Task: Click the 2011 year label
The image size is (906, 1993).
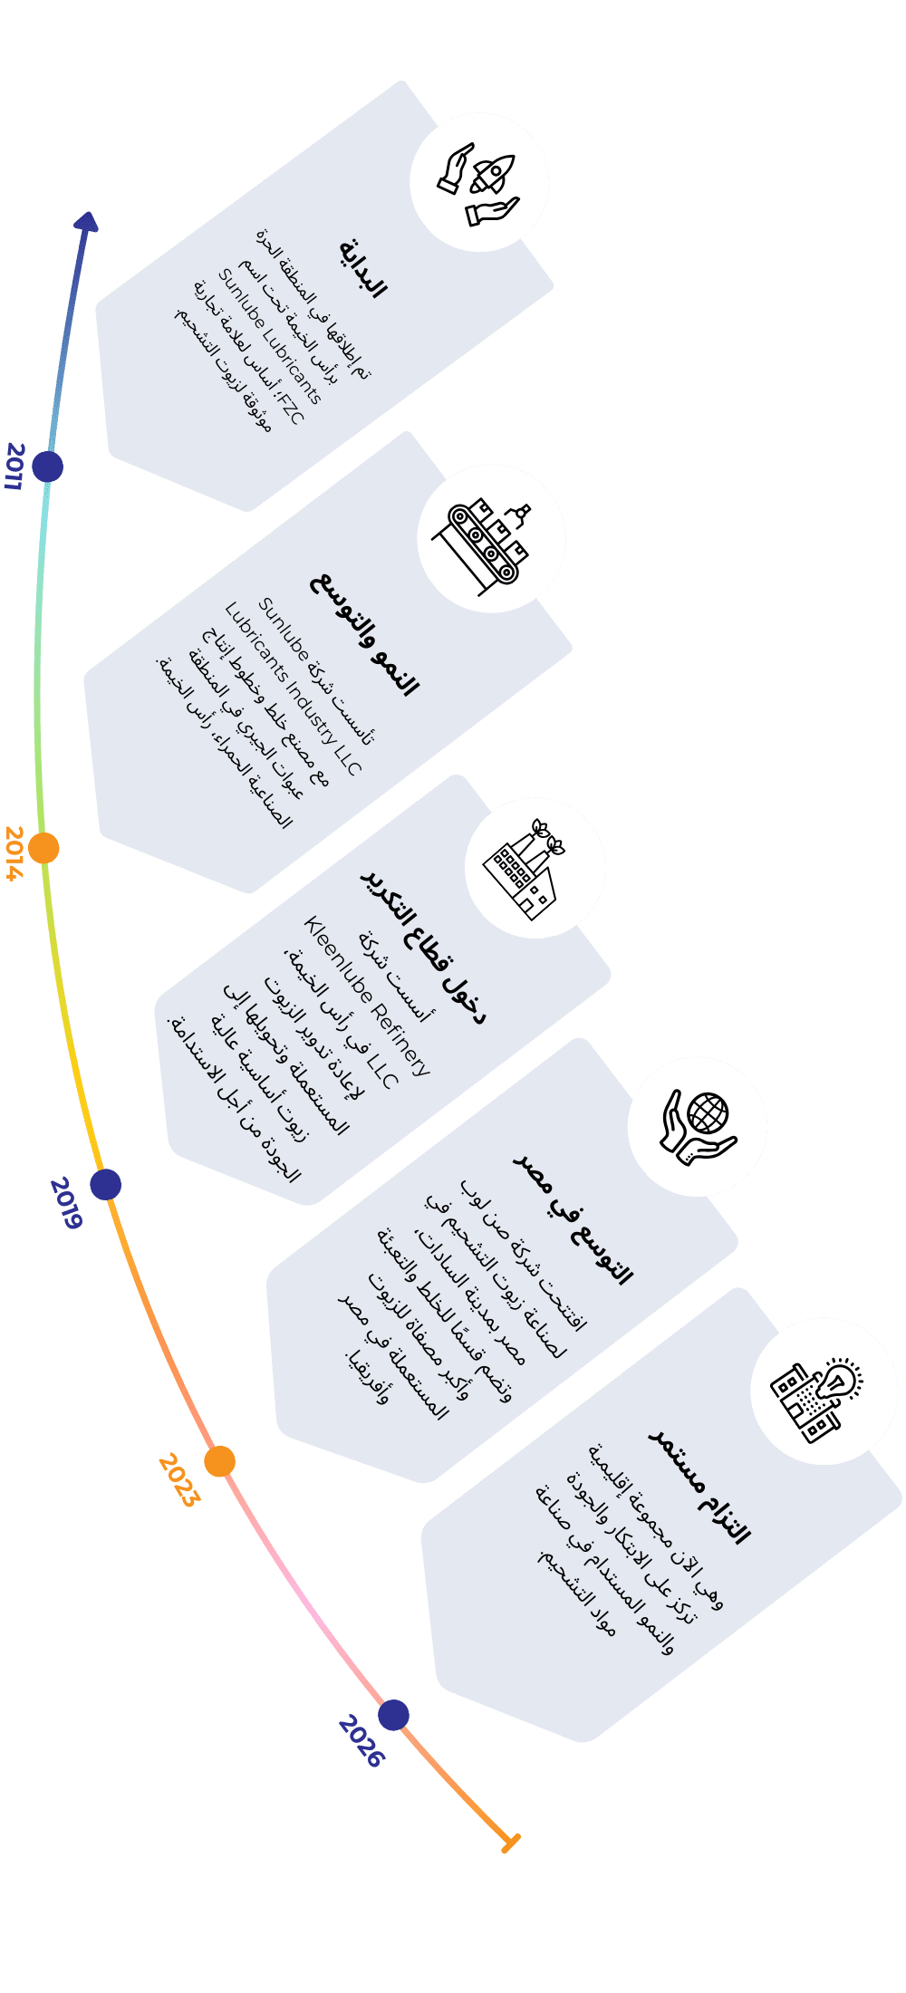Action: [x=14, y=467]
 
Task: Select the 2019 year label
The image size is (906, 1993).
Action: [x=65, y=1202]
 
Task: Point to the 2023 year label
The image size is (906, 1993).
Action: [x=178, y=1479]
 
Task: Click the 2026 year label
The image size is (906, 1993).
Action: [x=361, y=1740]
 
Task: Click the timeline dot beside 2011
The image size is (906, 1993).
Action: [x=47, y=467]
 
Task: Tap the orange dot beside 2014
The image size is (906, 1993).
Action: [x=43, y=849]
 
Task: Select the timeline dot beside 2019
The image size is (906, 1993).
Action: [x=105, y=1184]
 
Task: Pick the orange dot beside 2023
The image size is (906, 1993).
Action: [x=219, y=1461]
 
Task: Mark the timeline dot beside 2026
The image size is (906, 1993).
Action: [x=393, y=1715]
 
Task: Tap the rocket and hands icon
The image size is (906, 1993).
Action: [x=479, y=182]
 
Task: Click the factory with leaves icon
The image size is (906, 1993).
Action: [x=535, y=868]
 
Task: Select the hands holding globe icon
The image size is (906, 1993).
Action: [x=697, y=1126]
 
